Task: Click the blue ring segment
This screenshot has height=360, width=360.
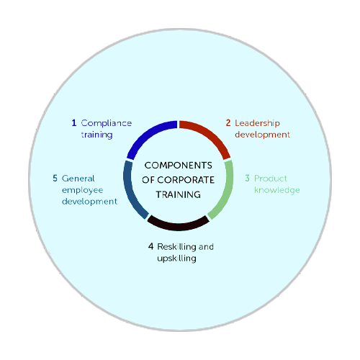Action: [x=148, y=135]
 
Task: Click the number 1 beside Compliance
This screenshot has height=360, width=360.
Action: [x=74, y=123]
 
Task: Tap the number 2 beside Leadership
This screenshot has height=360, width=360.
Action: [x=228, y=123]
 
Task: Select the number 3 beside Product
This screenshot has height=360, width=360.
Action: [x=247, y=178]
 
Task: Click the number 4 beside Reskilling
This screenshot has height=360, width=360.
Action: [x=150, y=246]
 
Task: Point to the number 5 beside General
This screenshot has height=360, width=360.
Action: [x=55, y=178]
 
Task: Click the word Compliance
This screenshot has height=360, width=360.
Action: [x=107, y=123]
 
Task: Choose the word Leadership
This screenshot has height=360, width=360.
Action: [x=257, y=123]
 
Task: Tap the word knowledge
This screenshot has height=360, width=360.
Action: [x=277, y=190]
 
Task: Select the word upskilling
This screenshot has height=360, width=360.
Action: [x=176, y=258]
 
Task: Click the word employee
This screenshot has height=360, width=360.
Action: [x=82, y=190]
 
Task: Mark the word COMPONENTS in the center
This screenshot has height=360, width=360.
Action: [x=179, y=166]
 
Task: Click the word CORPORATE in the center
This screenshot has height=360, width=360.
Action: [x=186, y=180]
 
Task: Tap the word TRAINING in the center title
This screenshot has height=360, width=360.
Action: [x=179, y=194]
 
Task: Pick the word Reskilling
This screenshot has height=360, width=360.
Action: [x=176, y=246]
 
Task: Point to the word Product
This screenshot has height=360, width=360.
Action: [x=271, y=179]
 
